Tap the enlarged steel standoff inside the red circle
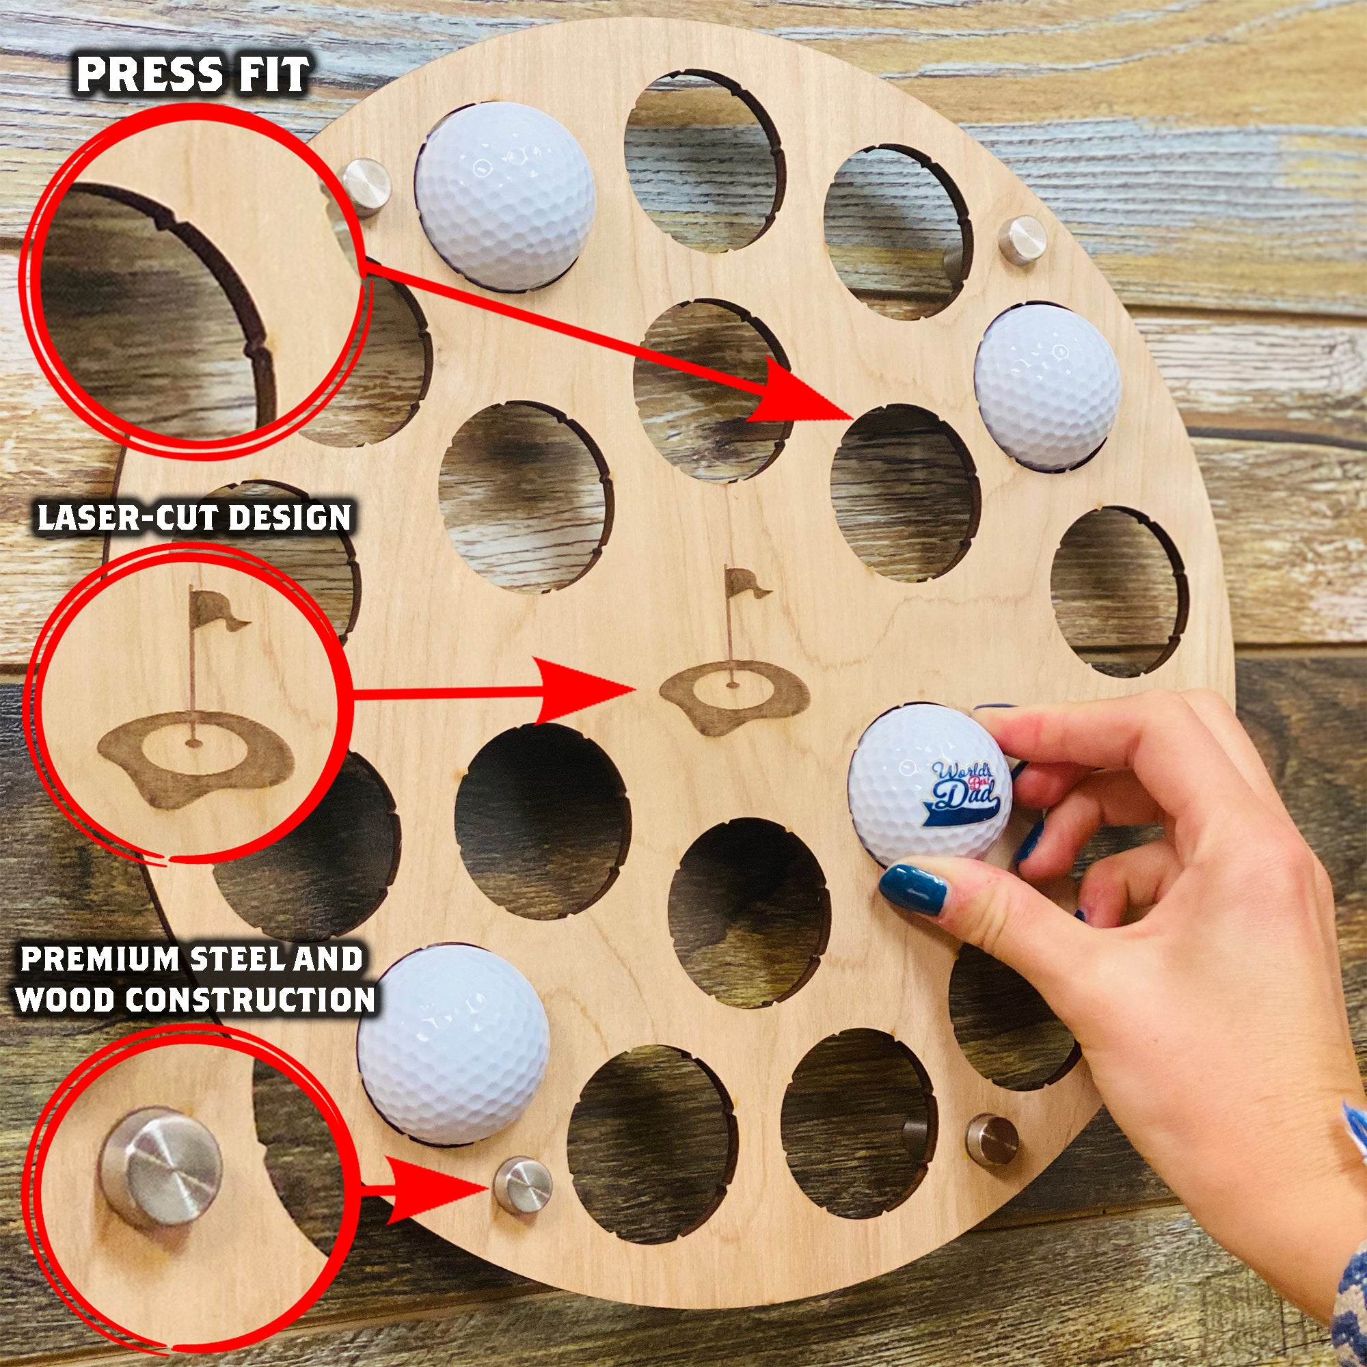click(160, 1165)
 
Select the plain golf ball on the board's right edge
click(1046, 387)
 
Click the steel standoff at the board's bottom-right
click(992, 1138)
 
